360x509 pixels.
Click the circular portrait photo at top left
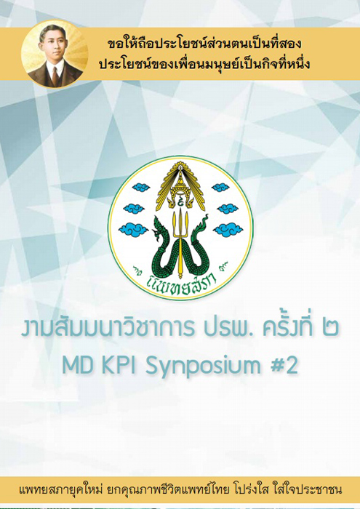[55, 55]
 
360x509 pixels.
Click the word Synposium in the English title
[203, 367]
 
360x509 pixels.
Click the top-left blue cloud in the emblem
[141, 187]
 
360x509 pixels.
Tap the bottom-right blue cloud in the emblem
[228, 230]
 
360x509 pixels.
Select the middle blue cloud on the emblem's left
[134, 208]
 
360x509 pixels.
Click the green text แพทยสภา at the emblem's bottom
[180, 285]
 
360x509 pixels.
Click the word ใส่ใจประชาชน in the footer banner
[309, 489]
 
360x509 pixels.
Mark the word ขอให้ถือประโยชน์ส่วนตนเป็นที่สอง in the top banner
[204, 44]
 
